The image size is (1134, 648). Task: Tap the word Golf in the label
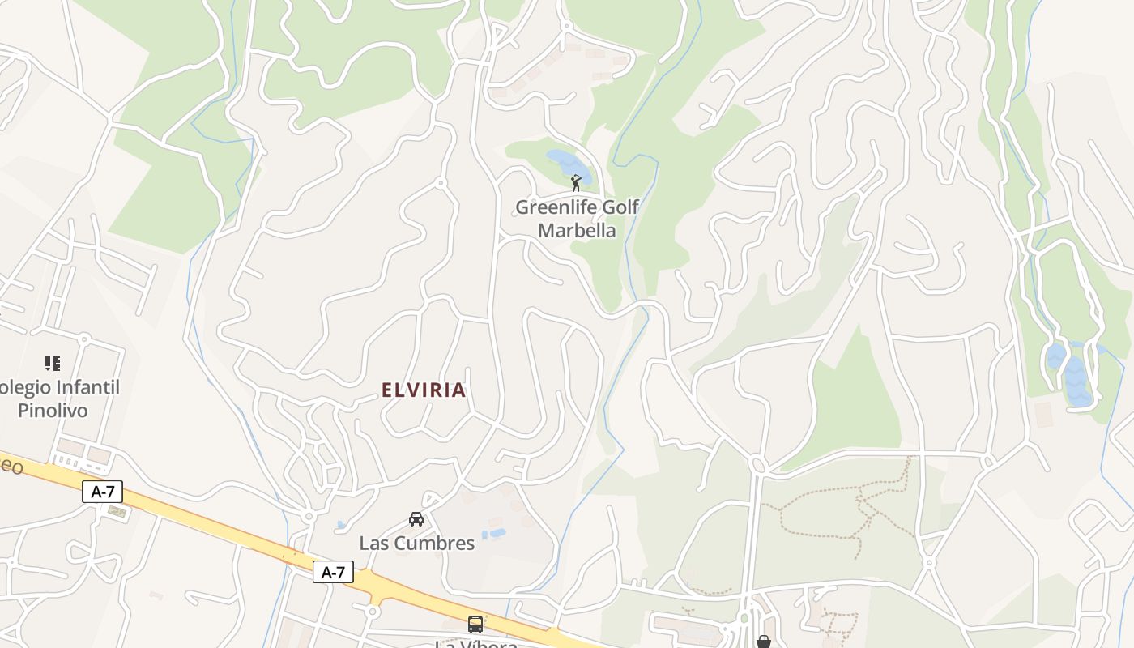[x=621, y=207]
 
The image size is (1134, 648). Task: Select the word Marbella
[x=577, y=231]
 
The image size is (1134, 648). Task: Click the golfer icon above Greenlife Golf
[x=576, y=183]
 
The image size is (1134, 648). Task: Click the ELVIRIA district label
[x=424, y=390]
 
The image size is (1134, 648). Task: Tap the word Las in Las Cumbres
[x=374, y=544]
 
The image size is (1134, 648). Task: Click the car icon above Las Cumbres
[x=416, y=519]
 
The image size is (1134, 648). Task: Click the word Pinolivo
[x=53, y=411]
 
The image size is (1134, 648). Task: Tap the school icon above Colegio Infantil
[x=53, y=364]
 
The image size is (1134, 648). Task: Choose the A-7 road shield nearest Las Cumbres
[x=333, y=573]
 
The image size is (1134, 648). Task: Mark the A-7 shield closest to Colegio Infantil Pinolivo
[x=102, y=491]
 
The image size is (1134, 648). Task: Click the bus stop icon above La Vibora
[x=475, y=625]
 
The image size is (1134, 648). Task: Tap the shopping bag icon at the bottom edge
[x=764, y=642]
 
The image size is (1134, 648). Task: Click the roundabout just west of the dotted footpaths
[x=758, y=464]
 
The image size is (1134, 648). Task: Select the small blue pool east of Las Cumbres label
[x=493, y=535]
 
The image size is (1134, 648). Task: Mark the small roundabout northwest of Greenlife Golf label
[x=441, y=183]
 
